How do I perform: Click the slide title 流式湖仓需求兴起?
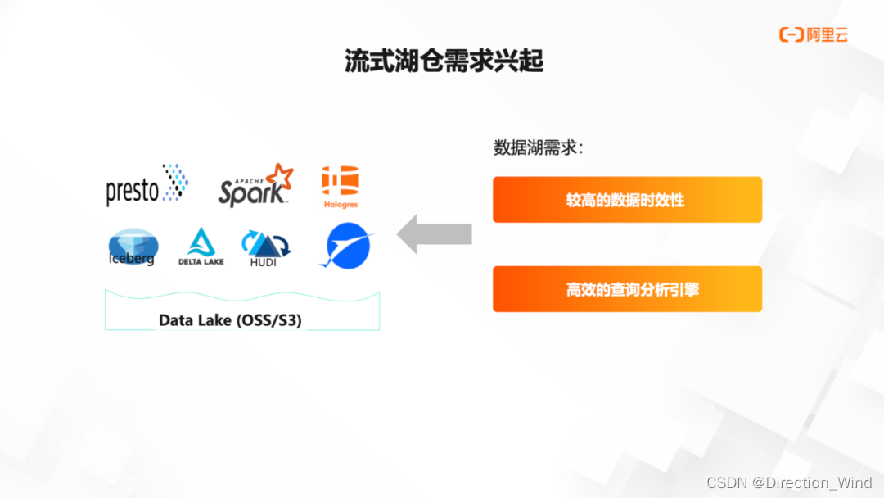[x=444, y=61]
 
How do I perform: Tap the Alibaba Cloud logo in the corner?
[x=813, y=34]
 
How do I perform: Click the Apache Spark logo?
[x=255, y=185]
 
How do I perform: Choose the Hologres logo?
[x=340, y=186]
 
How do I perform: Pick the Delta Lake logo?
[x=201, y=246]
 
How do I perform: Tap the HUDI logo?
[x=264, y=248]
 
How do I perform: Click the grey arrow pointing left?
[x=435, y=234]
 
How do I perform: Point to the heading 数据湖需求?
[x=538, y=148]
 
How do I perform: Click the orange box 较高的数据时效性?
[x=627, y=200]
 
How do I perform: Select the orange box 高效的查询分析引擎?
[x=627, y=289]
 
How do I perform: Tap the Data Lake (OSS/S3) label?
[x=230, y=320]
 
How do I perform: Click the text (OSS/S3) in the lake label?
[x=268, y=320]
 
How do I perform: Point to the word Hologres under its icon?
[x=340, y=204]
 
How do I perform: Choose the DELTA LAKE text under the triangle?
[x=201, y=261]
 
